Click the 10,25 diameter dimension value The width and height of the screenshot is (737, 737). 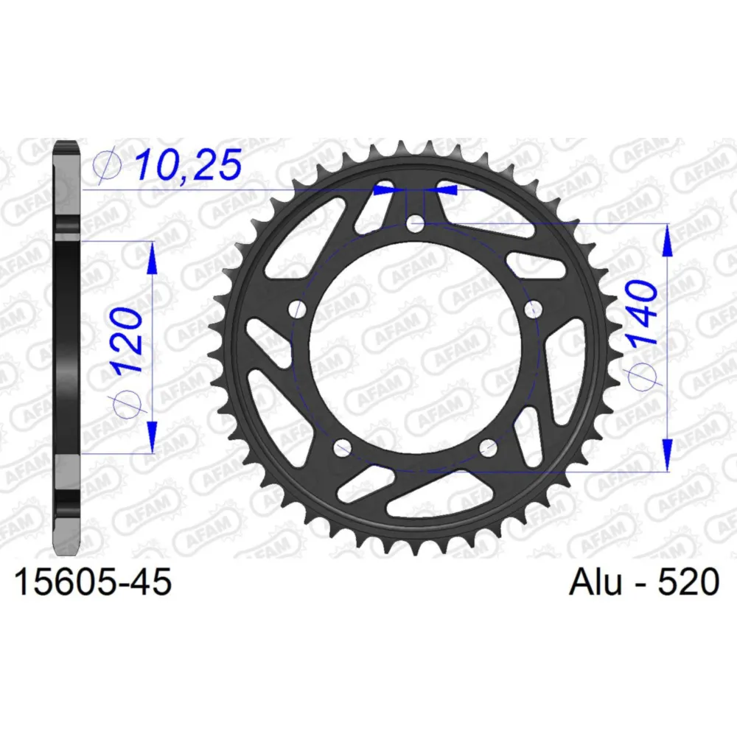click(189, 165)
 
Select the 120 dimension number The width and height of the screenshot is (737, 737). click(128, 339)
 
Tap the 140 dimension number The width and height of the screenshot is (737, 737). click(643, 312)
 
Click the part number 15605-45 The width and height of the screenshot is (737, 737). click(94, 582)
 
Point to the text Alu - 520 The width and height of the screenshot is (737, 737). click(644, 582)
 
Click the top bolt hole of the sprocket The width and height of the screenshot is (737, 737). click(414, 224)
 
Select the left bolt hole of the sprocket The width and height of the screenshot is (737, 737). click(297, 310)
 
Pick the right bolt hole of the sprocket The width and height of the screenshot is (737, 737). click(533, 310)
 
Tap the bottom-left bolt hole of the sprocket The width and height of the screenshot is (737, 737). click(342, 447)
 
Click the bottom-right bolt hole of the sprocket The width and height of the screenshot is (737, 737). click(488, 447)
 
